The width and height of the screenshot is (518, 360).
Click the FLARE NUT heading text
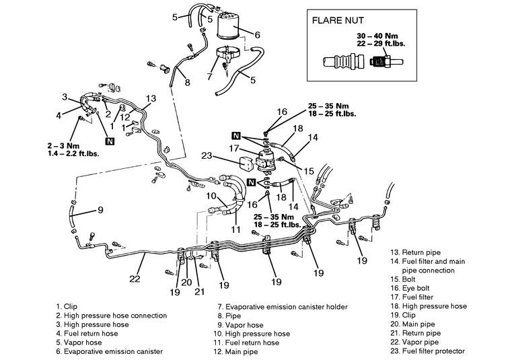pyautogui.click(x=338, y=20)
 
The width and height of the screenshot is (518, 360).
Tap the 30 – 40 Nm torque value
pyautogui.click(x=377, y=36)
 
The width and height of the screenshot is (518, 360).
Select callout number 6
pyautogui.click(x=258, y=35)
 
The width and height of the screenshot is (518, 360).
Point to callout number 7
pyautogui.click(x=209, y=76)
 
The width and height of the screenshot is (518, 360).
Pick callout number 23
pyautogui.click(x=207, y=155)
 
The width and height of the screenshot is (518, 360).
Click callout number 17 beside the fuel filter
pyautogui.click(x=233, y=149)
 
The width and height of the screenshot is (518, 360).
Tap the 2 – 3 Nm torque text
pyautogui.click(x=63, y=145)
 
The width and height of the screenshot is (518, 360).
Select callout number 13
pyautogui.click(x=151, y=98)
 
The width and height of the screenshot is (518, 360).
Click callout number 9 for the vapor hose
pyautogui.click(x=100, y=209)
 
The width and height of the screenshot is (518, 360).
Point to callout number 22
pyautogui.click(x=135, y=279)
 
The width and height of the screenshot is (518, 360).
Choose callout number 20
pyautogui.click(x=186, y=283)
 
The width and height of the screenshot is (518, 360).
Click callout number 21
pyautogui.click(x=200, y=291)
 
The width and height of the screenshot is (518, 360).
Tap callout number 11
pyautogui.click(x=235, y=229)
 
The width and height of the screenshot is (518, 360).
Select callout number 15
pyautogui.click(x=309, y=171)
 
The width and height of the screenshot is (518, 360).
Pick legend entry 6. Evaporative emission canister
pyautogui.click(x=110, y=351)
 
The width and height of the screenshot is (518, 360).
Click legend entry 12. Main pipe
pyautogui.click(x=235, y=352)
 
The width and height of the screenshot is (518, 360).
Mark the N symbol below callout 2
pyautogui.click(x=110, y=141)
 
